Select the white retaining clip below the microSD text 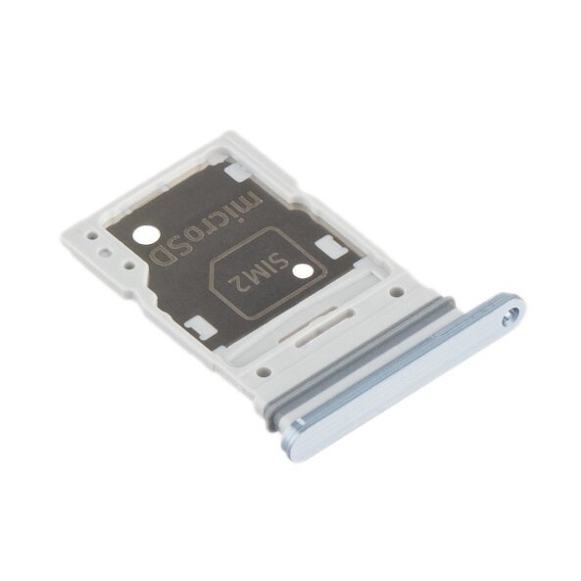(x=196, y=322)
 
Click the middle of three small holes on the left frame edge (x=107, y=250)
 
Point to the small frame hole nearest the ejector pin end (x=396, y=291)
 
